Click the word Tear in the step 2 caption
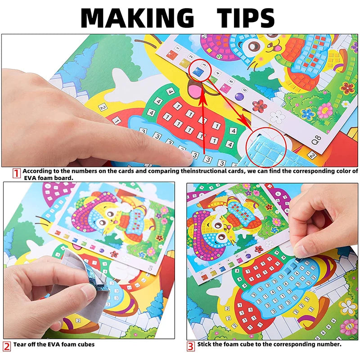(x=21, y=345)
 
